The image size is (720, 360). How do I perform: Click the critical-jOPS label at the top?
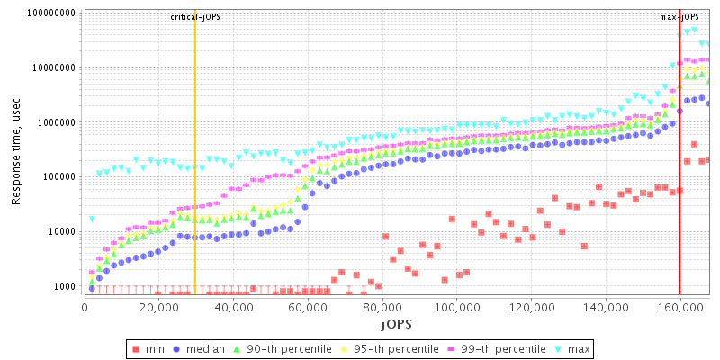coord(194,17)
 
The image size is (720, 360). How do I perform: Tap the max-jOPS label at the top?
coord(679,17)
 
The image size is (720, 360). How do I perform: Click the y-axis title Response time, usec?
coord(16,153)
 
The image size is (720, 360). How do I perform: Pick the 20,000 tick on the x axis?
coord(158,307)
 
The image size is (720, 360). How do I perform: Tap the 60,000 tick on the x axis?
coord(307,307)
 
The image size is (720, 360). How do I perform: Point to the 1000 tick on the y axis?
coord(62,286)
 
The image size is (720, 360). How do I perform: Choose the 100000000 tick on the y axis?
coord(46,13)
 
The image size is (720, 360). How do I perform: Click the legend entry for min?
coord(152,347)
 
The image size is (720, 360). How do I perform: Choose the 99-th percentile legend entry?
coord(488,347)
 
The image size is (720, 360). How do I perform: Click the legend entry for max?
coord(571,347)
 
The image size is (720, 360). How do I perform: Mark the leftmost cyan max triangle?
coord(92,219)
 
